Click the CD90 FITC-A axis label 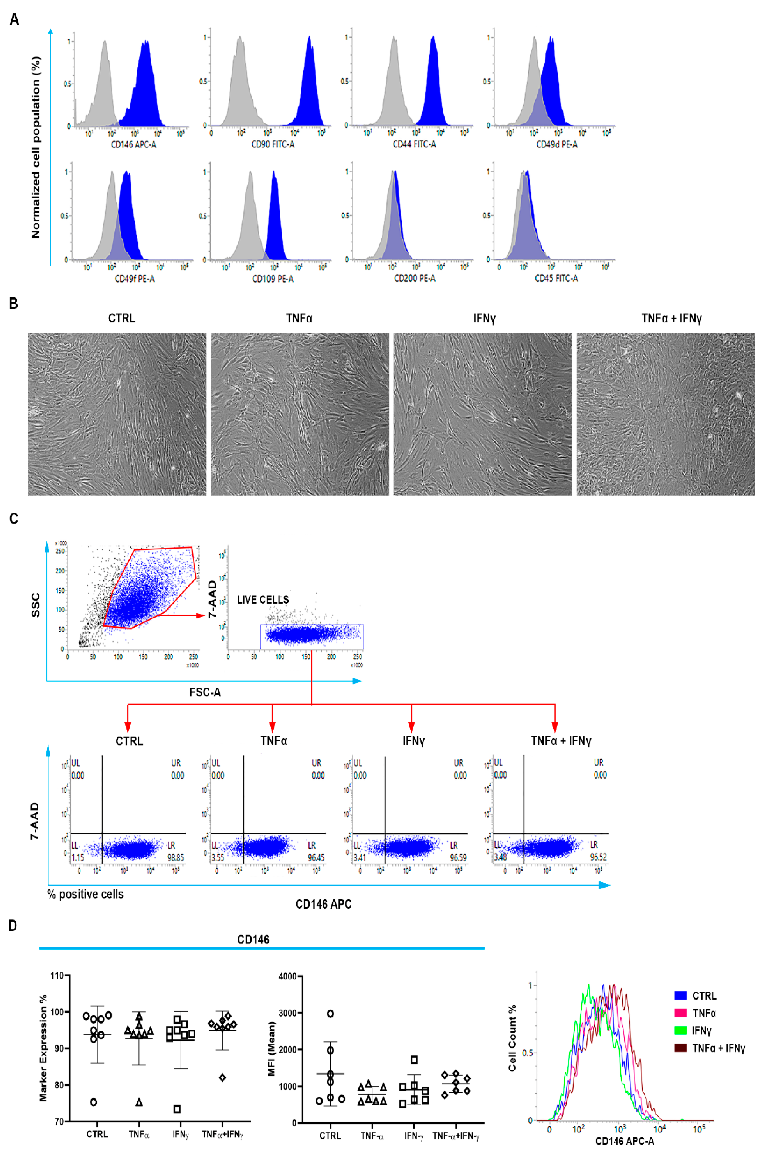273,145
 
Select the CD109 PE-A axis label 273,279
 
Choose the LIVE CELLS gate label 263,600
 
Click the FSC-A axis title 205,692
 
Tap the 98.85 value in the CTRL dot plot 176,858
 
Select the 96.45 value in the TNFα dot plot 316,858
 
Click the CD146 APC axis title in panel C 324,904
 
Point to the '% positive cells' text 86,894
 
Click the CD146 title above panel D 253,939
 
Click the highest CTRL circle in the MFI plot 330,1014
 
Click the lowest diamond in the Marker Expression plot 222,1078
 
